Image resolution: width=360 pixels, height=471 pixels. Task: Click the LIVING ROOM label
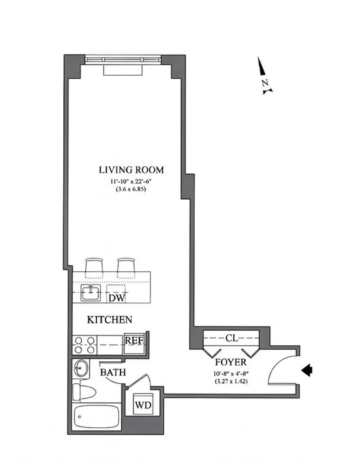(131, 170)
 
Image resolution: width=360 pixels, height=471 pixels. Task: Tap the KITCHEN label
(109, 319)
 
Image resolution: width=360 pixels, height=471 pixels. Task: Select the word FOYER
(231, 362)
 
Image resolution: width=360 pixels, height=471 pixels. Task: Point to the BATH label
(112, 372)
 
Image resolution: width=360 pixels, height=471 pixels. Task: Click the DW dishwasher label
(117, 298)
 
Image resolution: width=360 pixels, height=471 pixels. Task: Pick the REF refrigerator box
(134, 344)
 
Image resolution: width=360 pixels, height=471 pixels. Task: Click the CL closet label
(232, 338)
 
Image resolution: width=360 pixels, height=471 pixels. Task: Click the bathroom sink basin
(81, 368)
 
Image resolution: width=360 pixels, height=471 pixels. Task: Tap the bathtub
(97, 417)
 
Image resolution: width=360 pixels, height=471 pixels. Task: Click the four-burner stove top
(85, 345)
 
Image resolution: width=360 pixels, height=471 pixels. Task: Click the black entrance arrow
(307, 370)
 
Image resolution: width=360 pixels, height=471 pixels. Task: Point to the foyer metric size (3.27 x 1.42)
(231, 382)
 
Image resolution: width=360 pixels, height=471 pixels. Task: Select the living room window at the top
(123, 59)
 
